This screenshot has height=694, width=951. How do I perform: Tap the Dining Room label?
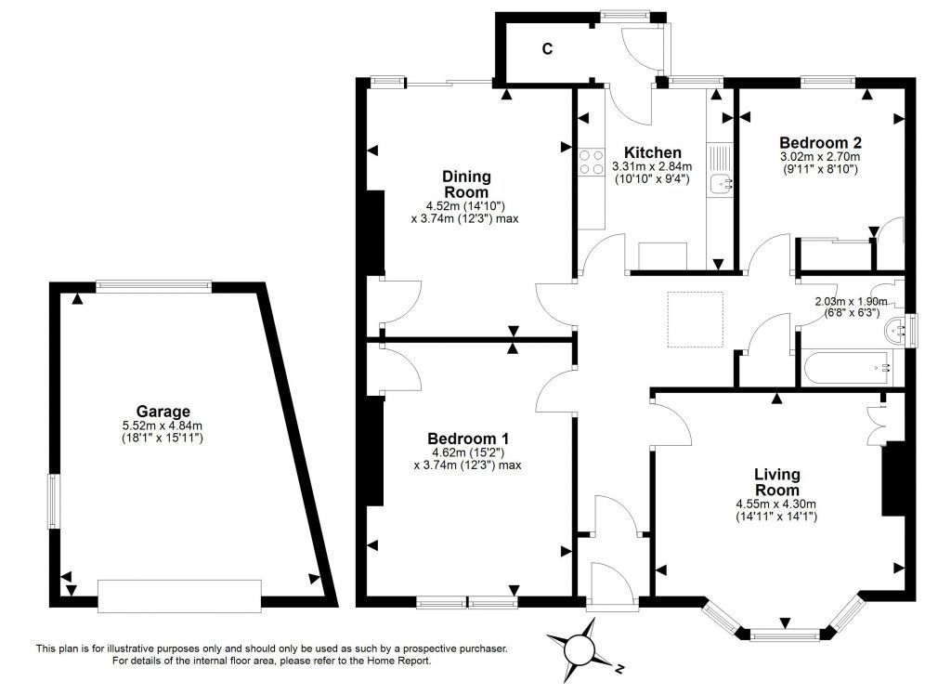[x=466, y=185]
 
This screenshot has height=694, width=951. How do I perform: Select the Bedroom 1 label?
[x=468, y=439]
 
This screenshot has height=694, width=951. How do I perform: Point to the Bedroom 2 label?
[x=821, y=142]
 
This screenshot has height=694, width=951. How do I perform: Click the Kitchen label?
[x=653, y=152]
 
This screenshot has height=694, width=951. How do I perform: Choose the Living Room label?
[x=777, y=482]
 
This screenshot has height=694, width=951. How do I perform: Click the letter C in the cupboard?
[x=547, y=49]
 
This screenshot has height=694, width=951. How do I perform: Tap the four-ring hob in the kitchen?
[x=592, y=162]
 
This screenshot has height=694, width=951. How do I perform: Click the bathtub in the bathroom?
[x=847, y=368]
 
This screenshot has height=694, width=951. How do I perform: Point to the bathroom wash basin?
[x=894, y=330]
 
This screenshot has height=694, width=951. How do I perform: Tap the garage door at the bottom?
[x=179, y=596]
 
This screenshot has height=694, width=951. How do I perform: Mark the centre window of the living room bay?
[x=785, y=635]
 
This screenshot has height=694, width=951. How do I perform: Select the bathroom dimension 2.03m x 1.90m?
[x=851, y=302]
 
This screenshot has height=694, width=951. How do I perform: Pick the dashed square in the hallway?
[x=696, y=320]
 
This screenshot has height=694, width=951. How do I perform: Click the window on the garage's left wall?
[x=53, y=501]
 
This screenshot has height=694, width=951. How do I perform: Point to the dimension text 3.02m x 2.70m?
[x=820, y=156]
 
